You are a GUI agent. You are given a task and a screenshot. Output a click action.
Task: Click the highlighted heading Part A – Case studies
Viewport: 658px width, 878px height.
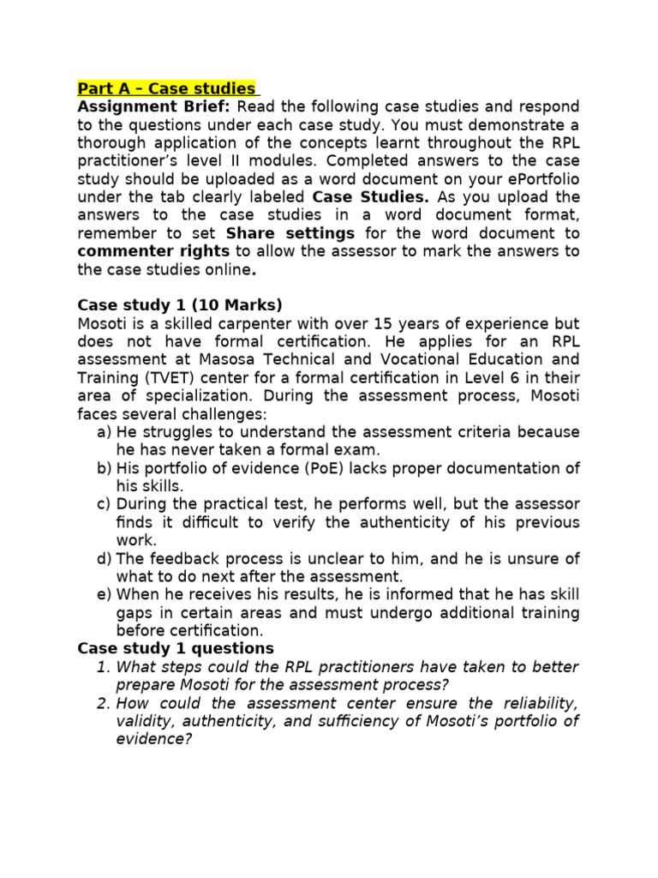(167, 88)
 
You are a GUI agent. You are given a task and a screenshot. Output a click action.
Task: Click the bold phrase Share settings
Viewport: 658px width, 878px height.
(290, 233)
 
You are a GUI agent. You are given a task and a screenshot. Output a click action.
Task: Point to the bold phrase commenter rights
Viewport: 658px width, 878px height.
(153, 251)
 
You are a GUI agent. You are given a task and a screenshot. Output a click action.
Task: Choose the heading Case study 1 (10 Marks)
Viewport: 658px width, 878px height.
(179, 305)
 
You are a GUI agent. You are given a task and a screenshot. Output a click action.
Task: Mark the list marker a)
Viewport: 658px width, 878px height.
(105, 431)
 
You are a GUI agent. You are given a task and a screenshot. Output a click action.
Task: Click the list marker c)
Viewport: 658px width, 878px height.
(105, 504)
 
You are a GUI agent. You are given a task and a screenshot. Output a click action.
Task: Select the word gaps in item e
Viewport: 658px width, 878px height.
(134, 613)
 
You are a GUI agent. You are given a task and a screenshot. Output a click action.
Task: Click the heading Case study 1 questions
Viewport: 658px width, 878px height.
(176, 648)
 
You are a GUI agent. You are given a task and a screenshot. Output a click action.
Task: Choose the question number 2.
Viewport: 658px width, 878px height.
(102, 703)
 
